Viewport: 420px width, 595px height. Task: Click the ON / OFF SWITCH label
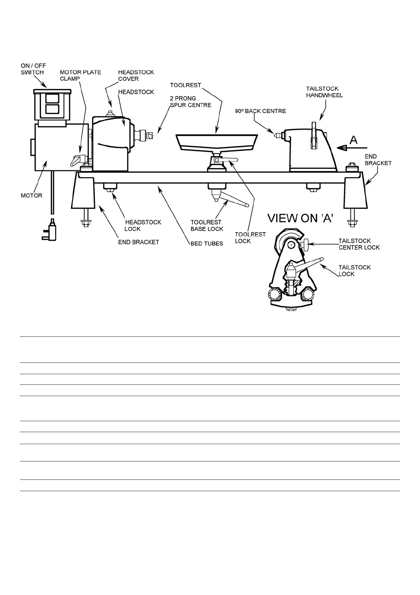click(x=33, y=69)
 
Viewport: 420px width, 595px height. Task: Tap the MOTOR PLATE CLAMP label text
click(x=80, y=75)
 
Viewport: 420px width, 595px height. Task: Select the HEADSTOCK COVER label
click(x=136, y=75)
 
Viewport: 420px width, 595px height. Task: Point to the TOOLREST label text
click(x=185, y=85)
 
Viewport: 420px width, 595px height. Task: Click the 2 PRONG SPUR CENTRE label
click(x=190, y=102)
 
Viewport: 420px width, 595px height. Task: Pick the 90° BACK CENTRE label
click(x=260, y=111)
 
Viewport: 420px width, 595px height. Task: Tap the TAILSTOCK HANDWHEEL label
click(x=324, y=92)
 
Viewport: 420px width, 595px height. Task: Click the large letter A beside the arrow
click(x=353, y=140)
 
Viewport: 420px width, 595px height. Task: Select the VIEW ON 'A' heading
click(x=300, y=218)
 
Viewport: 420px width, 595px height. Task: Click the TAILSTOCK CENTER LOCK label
click(x=359, y=244)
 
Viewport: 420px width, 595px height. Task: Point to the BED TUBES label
click(x=207, y=243)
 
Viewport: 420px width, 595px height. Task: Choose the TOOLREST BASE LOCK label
click(x=207, y=225)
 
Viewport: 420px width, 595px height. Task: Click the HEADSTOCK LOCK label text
click(x=143, y=225)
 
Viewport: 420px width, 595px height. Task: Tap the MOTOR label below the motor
click(x=31, y=195)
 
